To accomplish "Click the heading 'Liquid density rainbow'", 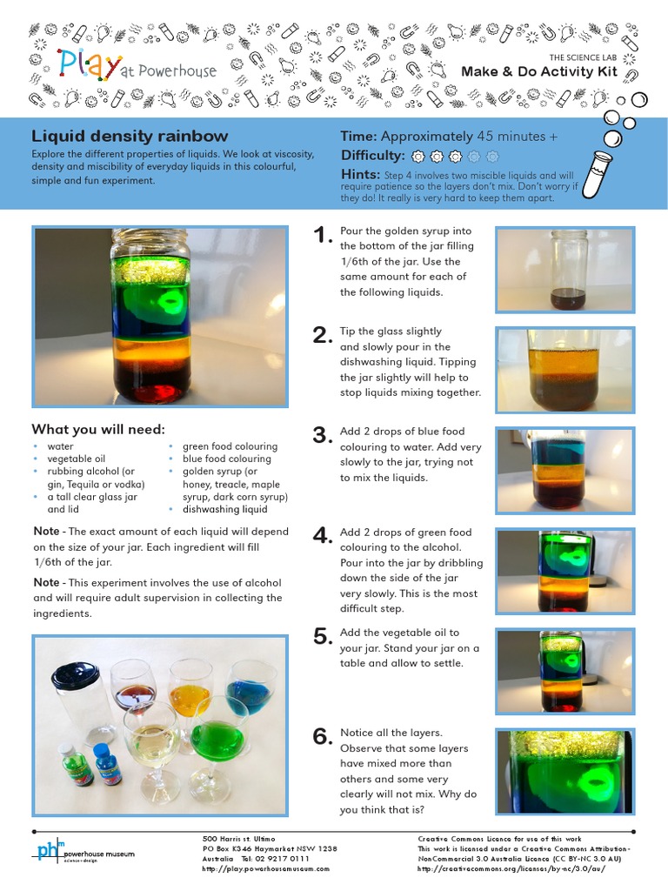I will [x=130, y=137].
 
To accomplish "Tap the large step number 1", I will [x=322, y=236].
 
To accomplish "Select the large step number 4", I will [x=323, y=536].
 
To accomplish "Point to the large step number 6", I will [x=323, y=737].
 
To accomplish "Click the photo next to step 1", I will [x=564, y=270].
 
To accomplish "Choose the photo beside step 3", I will [x=564, y=470].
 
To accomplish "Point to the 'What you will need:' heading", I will [x=98, y=429].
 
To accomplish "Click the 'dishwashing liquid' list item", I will [x=224, y=510].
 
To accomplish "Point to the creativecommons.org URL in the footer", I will [x=501, y=868].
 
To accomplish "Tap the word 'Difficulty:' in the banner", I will [x=373, y=156].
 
